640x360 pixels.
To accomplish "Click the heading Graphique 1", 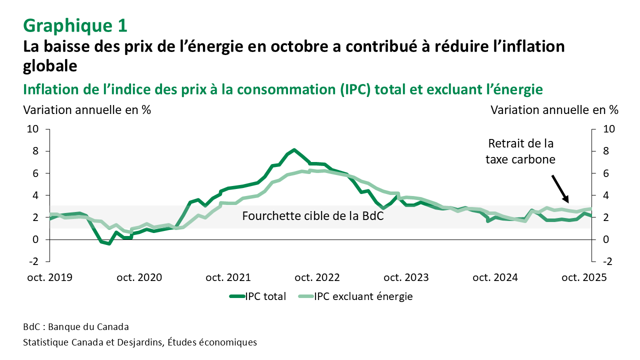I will coord(75,24).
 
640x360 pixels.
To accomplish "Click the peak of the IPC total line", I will coord(294,150).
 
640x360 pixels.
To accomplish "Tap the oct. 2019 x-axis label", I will coord(49,277).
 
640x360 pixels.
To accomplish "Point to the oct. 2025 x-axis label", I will coord(584,277).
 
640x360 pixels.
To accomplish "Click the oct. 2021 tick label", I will coord(229,277).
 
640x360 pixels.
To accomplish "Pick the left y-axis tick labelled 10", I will coord(32,129).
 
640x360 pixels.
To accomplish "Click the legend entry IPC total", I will coord(257,296).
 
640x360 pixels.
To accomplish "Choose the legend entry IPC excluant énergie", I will coord(355,296).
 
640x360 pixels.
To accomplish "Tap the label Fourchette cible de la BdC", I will coord(312,216).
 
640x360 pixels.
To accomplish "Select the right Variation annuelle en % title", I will coord(554,109).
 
